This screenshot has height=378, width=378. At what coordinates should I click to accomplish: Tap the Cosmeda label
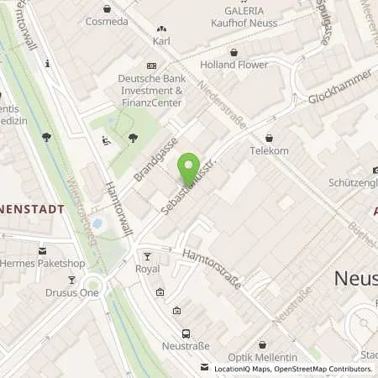pyautogui.click(x=107, y=22)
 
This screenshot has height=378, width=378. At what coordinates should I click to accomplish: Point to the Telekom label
pyautogui.click(x=269, y=150)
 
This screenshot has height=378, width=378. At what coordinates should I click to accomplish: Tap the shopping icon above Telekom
pyautogui.click(x=269, y=137)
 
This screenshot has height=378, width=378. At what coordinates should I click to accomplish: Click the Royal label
pyautogui.click(x=147, y=269)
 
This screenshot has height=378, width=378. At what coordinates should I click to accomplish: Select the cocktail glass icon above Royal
pyautogui.click(x=147, y=256)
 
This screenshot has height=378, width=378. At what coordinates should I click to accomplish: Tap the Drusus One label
pyautogui.click(x=72, y=293)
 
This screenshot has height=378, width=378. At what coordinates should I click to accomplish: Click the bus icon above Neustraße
pyautogui.click(x=186, y=333)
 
